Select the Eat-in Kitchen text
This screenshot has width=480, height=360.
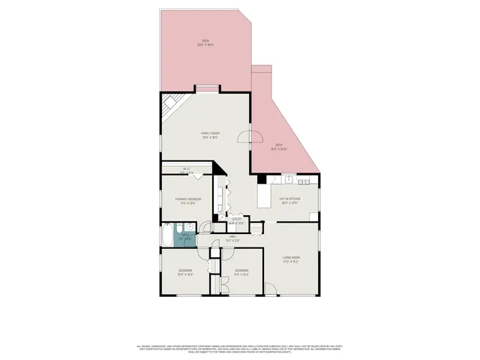point(289,200)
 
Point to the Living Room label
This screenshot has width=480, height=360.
point(291,260)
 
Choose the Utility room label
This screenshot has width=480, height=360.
point(235,221)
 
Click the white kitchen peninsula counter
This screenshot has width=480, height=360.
point(263,196)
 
